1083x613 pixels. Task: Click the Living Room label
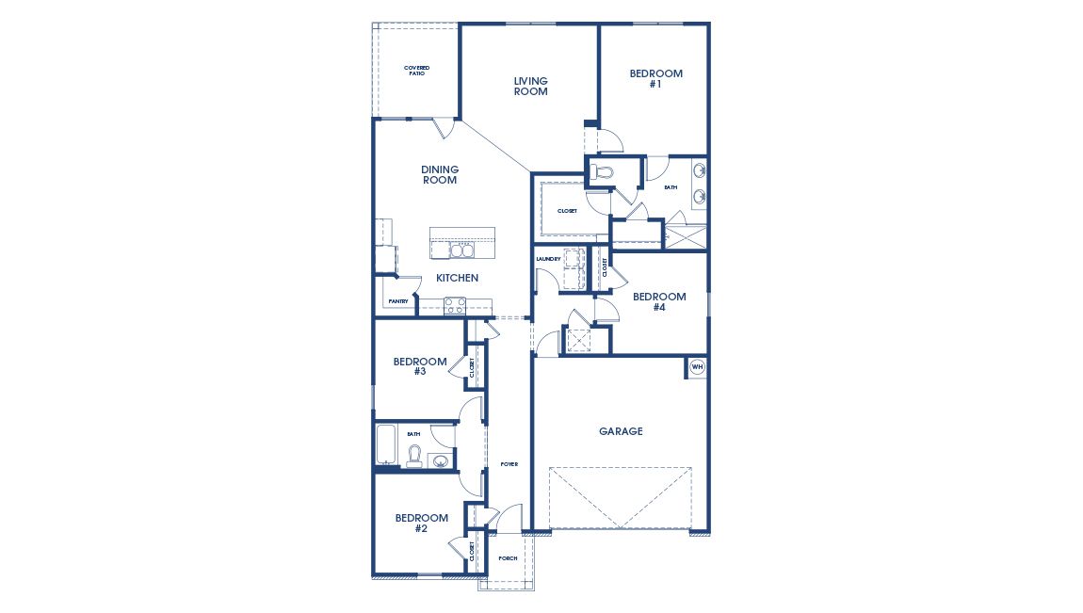[530, 87]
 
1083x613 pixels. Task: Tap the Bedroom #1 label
[655, 79]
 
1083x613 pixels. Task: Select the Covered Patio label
[415, 71]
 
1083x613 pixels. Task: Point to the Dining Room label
[440, 175]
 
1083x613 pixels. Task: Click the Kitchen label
[457, 279]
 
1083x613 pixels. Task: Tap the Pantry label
[397, 301]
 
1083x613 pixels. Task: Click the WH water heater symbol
[698, 367]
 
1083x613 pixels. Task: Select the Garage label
[621, 431]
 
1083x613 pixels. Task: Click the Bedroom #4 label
[659, 302]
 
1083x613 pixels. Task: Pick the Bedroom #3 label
[420, 366]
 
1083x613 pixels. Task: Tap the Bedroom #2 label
[421, 523]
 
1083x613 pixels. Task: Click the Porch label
[508, 558]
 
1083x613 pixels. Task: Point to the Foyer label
[509, 464]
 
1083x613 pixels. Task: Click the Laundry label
[548, 259]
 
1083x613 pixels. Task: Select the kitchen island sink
[461, 250]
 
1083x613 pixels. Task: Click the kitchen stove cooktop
[455, 305]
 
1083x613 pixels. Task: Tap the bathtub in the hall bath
[387, 446]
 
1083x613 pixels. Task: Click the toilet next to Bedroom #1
[604, 172]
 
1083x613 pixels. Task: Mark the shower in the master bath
[686, 234]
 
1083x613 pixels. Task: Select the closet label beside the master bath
[567, 211]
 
